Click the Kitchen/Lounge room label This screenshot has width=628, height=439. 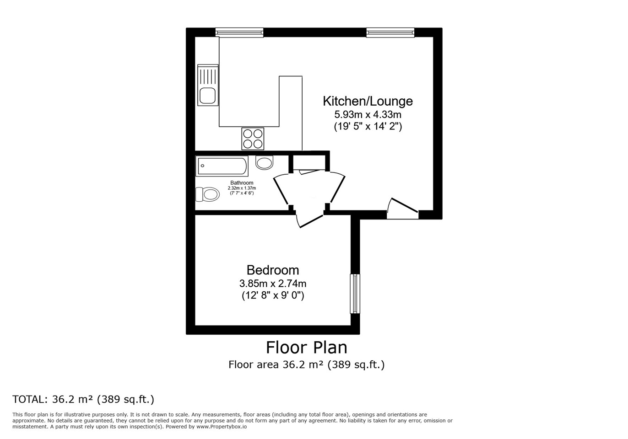pyautogui.click(x=368, y=101)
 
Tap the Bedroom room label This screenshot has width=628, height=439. pyautogui.click(x=272, y=270)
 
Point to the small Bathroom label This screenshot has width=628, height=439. pyautogui.click(x=242, y=183)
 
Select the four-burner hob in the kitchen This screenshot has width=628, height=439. pyautogui.click(x=253, y=139)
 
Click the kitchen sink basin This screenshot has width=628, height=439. pyautogui.click(x=207, y=96)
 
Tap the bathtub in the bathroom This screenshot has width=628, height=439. pyautogui.click(x=222, y=166)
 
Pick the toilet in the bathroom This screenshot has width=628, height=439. pyautogui.click(x=207, y=194)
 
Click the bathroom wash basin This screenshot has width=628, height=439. pyautogui.click(x=264, y=162)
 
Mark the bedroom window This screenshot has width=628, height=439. pyautogui.click(x=355, y=294)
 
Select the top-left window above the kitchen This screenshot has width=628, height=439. pyautogui.click(x=239, y=32)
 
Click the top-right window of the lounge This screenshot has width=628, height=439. pyautogui.click(x=390, y=32)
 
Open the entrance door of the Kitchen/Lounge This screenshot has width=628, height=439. pyautogui.click(x=402, y=209)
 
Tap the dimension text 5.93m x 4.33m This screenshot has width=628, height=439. pyautogui.click(x=368, y=114)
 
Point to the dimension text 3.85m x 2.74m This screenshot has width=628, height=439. pyautogui.click(x=272, y=284)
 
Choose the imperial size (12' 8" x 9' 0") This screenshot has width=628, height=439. pyautogui.click(x=273, y=295)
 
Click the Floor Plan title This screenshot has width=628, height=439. pyautogui.click(x=306, y=348)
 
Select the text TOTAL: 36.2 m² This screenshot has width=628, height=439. pyautogui.click(x=53, y=399)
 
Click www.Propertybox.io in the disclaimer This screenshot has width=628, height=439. pyautogui.click(x=221, y=427)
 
